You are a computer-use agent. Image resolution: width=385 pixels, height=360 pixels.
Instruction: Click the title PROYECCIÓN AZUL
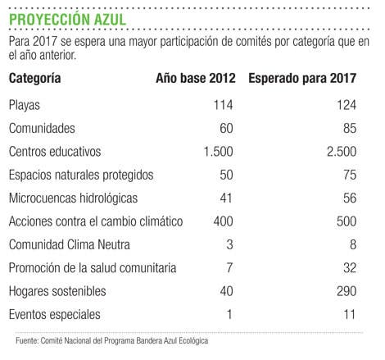[67, 19]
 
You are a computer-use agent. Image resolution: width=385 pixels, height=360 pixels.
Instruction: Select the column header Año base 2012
[196, 78]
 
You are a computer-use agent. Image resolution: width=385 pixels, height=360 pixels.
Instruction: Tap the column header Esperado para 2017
[302, 79]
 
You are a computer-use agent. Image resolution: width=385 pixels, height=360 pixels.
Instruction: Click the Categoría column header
[34, 79]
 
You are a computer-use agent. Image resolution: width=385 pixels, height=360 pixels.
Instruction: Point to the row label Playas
[25, 106]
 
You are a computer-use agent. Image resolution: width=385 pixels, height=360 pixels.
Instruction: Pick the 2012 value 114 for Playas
[223, 105]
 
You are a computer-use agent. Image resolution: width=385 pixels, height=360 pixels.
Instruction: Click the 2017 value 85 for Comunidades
[350, 128]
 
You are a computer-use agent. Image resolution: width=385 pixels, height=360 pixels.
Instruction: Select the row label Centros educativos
[55, 152]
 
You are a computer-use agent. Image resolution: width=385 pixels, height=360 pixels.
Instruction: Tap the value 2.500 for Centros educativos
[342, 152]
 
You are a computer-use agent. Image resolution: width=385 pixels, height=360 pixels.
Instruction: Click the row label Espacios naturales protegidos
[81, 175]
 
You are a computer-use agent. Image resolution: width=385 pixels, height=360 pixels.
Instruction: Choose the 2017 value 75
[350, 175]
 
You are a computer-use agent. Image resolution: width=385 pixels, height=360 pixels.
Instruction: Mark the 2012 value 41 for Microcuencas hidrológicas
[226, 198]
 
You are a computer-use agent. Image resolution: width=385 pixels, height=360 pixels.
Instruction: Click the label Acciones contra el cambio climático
[96, 221]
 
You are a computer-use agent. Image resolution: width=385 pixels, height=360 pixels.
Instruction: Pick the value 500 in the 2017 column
[346, 221]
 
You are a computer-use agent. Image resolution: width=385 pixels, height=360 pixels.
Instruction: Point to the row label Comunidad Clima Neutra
[70, 244]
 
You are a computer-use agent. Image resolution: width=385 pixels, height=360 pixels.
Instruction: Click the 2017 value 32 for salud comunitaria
[350, 267]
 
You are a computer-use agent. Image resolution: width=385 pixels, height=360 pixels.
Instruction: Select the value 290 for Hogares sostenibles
[346, 291]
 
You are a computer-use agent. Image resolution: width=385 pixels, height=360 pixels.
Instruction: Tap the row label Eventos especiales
[55, 315]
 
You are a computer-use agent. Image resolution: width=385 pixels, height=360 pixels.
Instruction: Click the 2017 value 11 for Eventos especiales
[350, 314]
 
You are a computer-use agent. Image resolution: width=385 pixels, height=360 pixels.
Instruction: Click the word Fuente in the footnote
[27, 340]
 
